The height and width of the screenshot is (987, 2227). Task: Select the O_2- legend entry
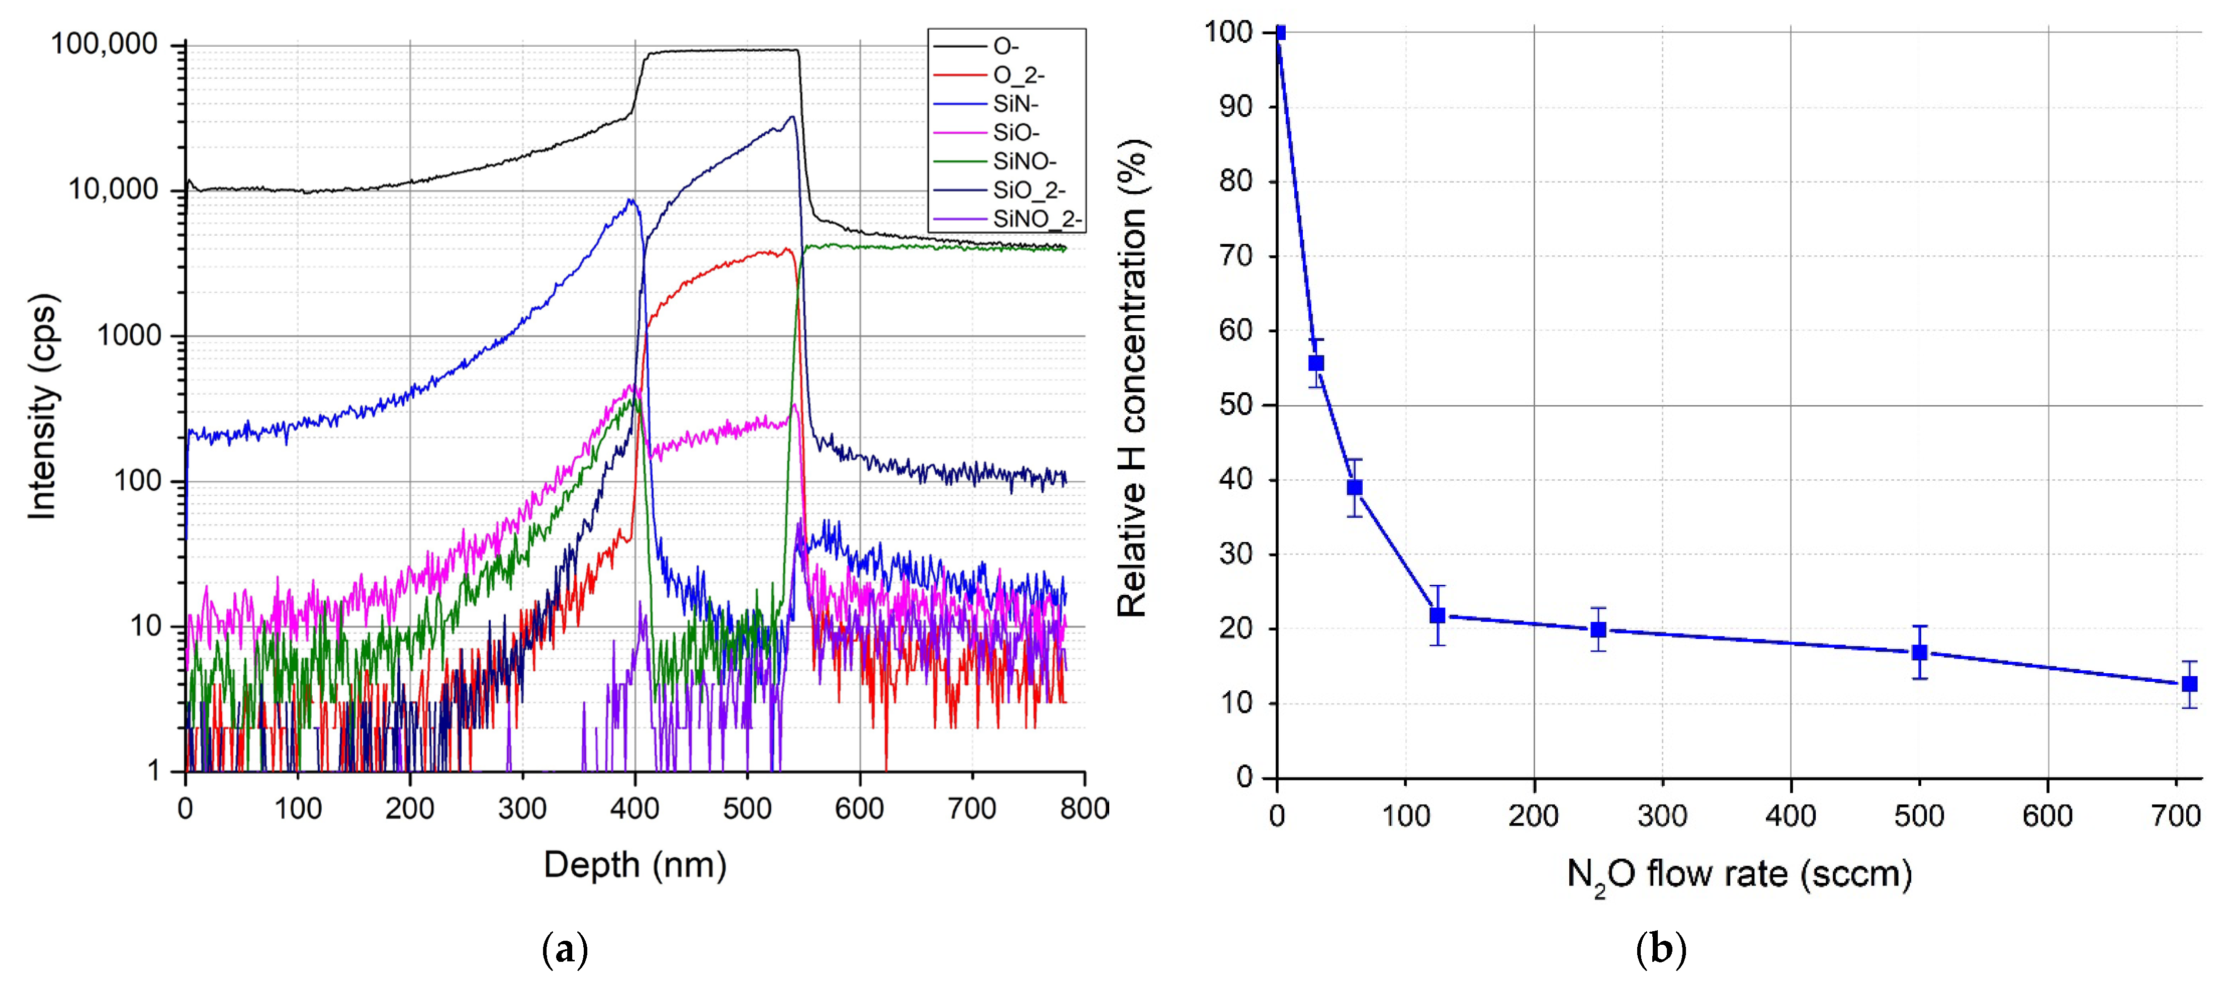(x=1018, y=76)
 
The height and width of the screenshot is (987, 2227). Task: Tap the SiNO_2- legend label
(x=1036, y=220)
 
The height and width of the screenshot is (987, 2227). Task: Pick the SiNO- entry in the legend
(x=1024, y=161)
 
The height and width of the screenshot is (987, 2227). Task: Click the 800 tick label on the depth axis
(x=1084, y=809)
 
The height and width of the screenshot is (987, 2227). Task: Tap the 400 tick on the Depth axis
(x=635, y=809)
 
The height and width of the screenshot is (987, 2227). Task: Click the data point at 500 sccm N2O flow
(x=1919, y=653)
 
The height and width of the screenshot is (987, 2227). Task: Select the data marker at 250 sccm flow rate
(x=1598, y=629)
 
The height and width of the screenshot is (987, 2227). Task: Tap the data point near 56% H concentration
(x=1316, y=363)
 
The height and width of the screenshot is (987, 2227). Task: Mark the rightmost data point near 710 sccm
(x=2189, y=684)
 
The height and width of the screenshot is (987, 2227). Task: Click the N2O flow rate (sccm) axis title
(x=1739, y=875)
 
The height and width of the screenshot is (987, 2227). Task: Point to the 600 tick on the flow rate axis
(x=2047, y=816)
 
